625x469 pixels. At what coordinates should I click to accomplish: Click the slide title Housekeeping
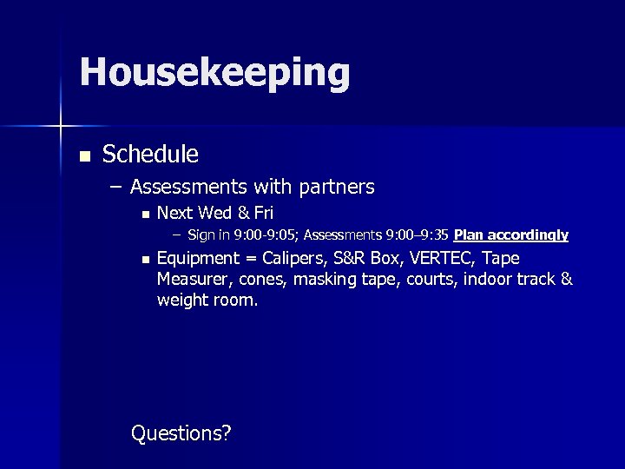pos(214,73)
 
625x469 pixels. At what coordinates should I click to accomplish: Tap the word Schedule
pos(150,155)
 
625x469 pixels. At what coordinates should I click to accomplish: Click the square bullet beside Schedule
pos(84,157)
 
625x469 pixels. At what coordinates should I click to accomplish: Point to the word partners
pos(336,187)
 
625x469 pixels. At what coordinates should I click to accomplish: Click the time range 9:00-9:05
pos(266,234)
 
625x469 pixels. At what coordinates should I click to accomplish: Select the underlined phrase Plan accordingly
pos(510,234)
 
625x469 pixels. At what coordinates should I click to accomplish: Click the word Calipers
pos(293,259)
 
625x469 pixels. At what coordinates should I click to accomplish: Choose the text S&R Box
pos(367,259)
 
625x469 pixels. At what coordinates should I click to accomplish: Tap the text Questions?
pos(181,433)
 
